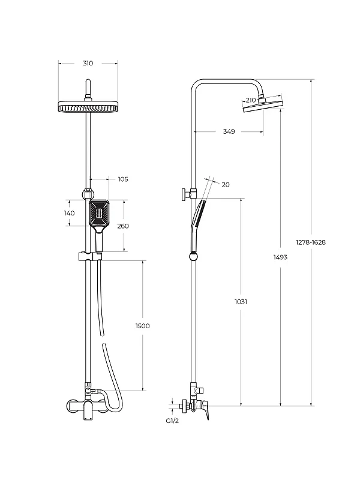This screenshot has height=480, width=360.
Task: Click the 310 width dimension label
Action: point(88,64)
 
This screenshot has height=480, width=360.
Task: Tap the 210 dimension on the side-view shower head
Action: point(251,100)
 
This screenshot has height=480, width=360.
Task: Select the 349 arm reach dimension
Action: point(229,131)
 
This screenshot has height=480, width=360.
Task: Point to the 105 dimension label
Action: point(123,179)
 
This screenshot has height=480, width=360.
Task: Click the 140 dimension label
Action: point(70,213)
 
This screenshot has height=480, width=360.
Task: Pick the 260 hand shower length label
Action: point(123,226)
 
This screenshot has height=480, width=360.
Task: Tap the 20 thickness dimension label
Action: point(226,185)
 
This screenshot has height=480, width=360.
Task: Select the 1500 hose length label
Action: point(143,326)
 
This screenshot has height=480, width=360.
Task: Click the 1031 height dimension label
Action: point(241,302)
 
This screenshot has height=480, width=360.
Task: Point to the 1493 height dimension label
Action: point(280,257)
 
